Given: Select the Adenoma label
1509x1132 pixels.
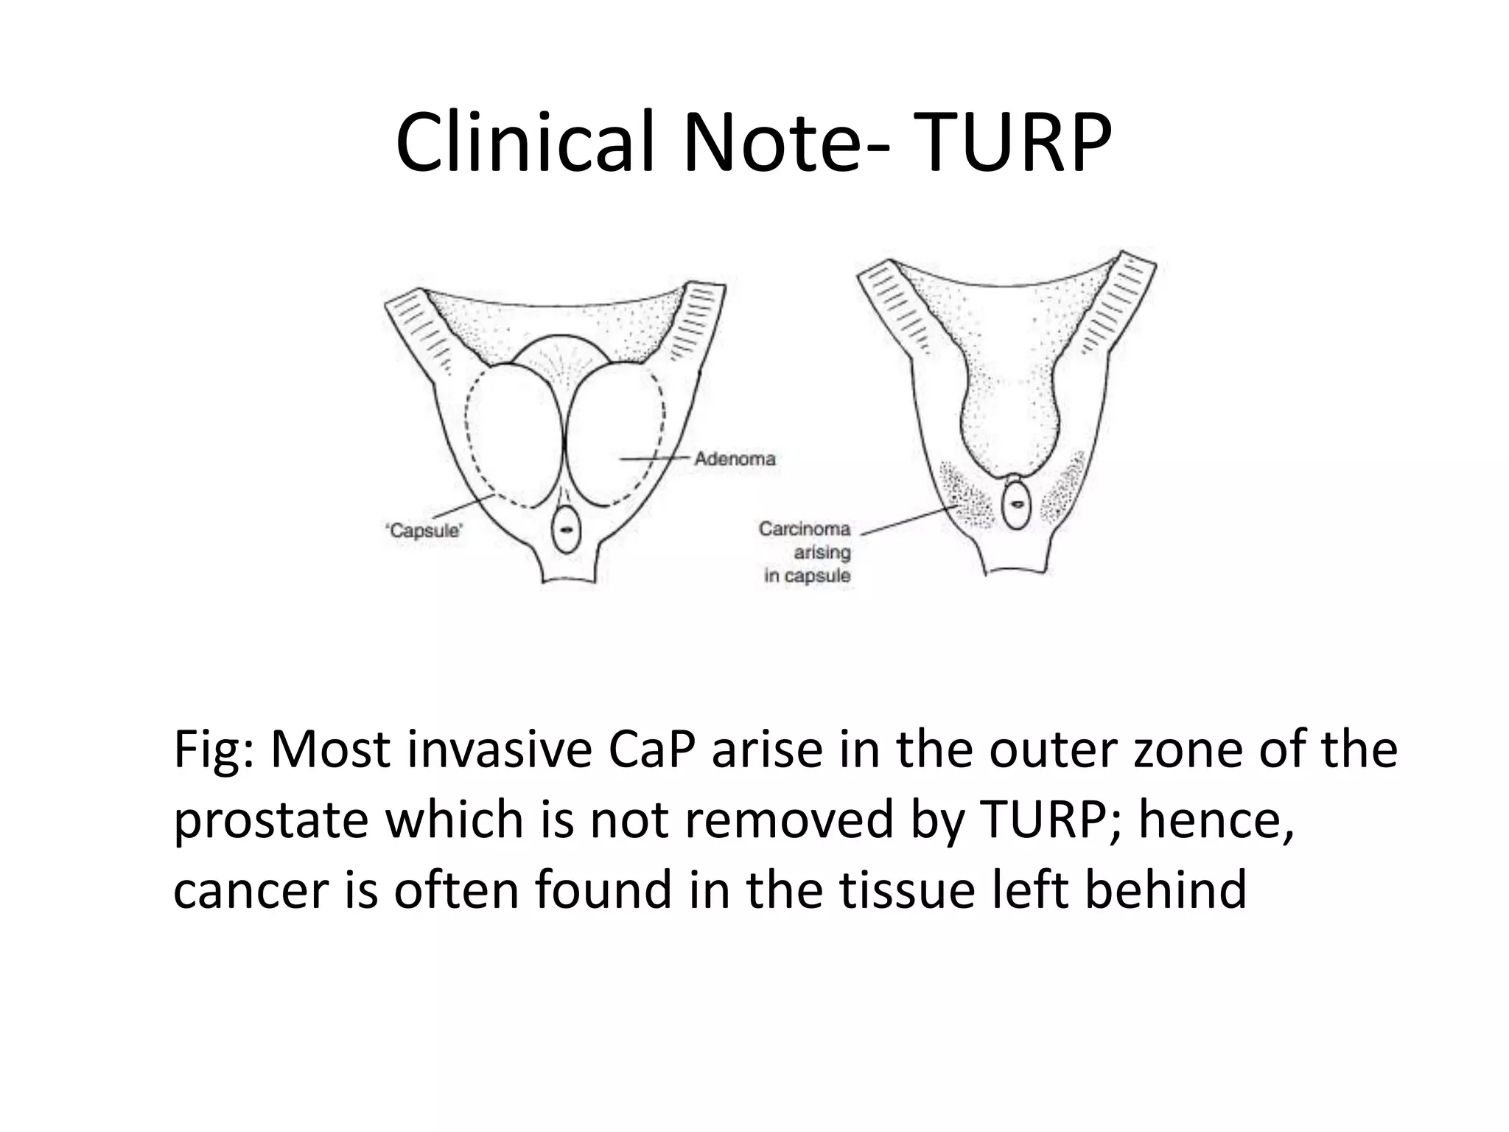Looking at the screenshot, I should pos(735,459).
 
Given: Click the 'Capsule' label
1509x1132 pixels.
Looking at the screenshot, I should pos(423,531).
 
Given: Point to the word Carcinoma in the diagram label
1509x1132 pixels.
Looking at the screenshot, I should pos(805,529).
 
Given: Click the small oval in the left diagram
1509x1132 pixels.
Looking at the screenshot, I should pos(566,529).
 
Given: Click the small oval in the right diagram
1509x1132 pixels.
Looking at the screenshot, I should pos(1017,505).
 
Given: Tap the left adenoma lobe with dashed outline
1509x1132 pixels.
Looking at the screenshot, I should pos(512,435).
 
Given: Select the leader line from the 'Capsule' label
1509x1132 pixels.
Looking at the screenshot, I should pos(464,506).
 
